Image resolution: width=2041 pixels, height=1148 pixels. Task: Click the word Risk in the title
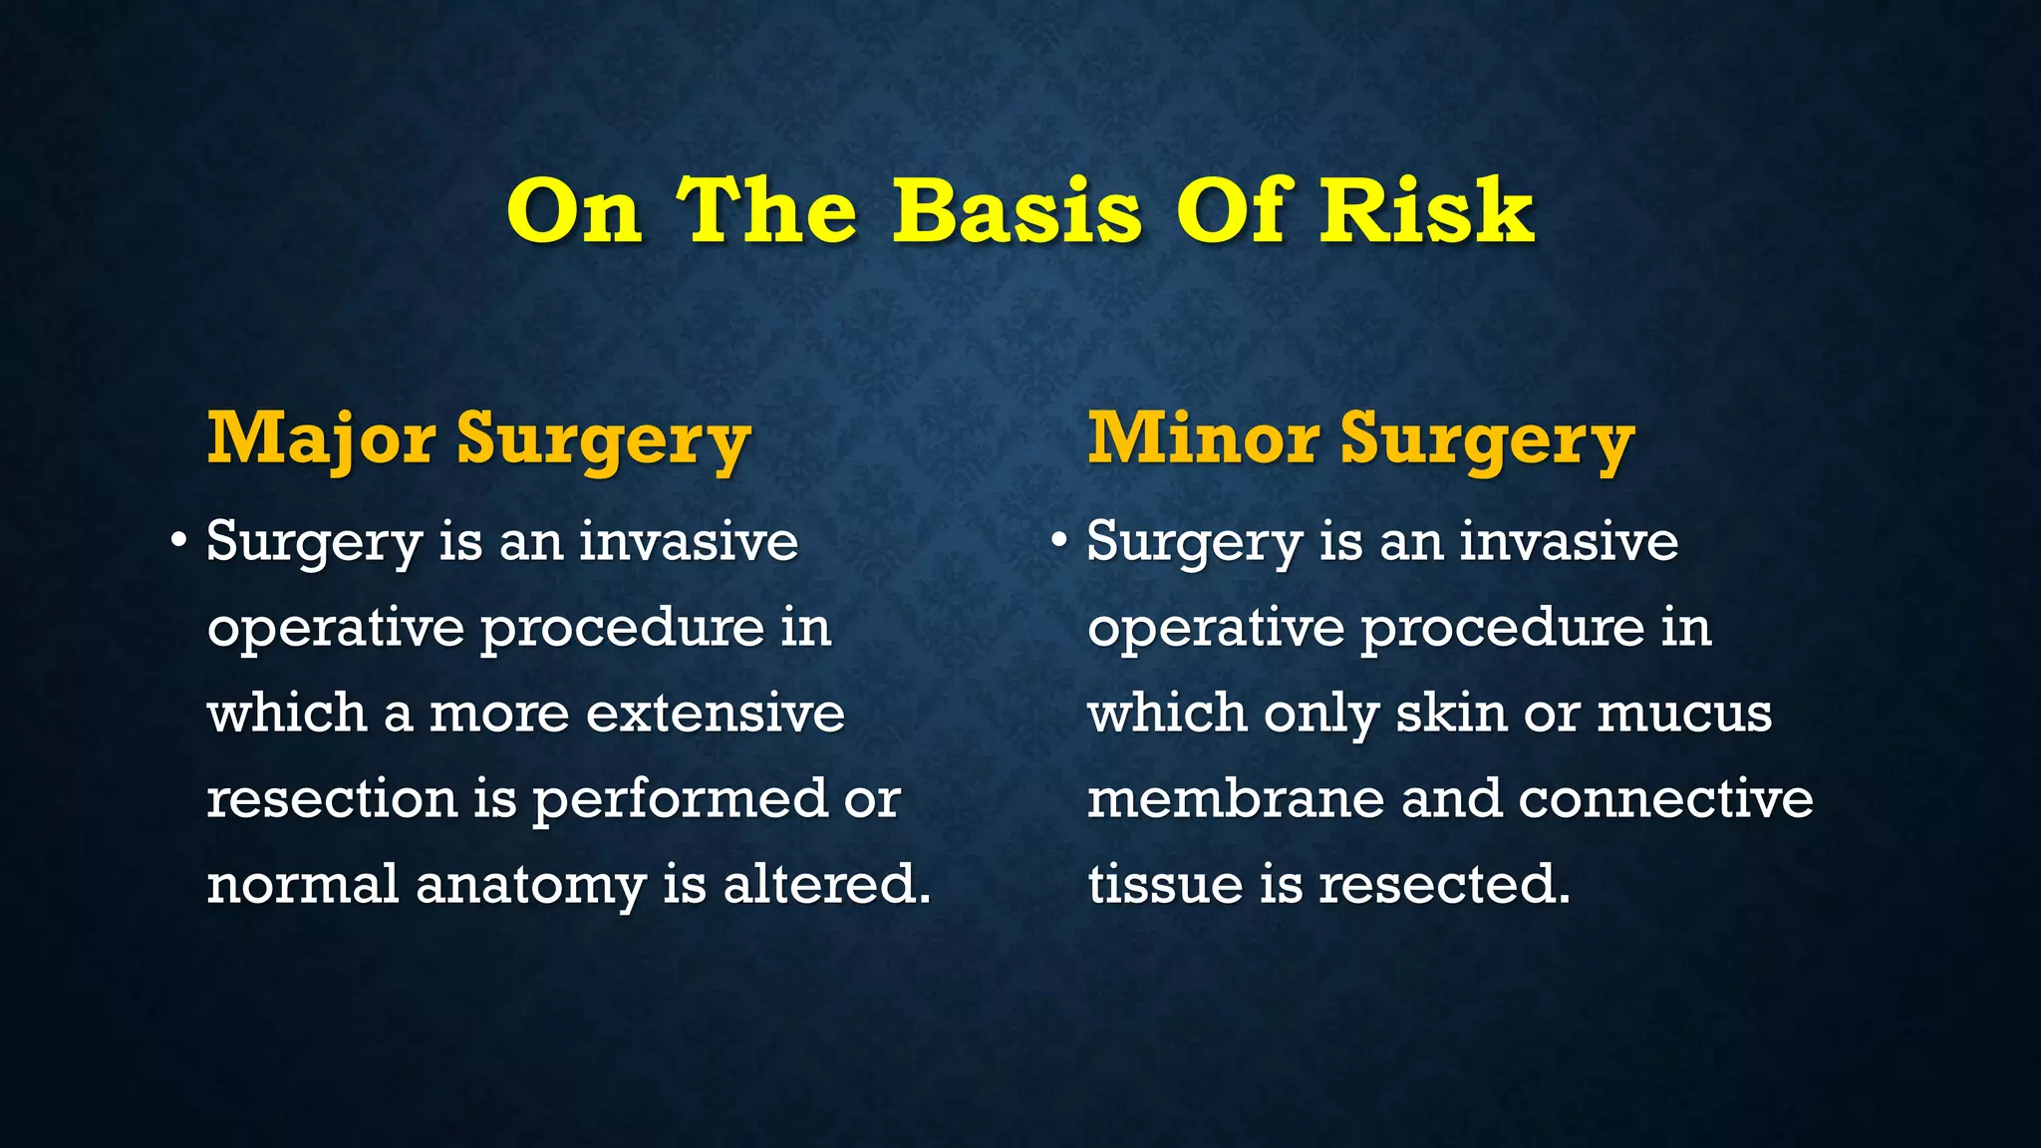point(1426,211)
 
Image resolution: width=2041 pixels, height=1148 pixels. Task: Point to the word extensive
point(715,714)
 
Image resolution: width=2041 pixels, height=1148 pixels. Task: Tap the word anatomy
point(530,885)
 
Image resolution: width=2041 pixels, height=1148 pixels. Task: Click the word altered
point(826,885)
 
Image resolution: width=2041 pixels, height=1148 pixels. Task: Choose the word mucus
point(1684,714)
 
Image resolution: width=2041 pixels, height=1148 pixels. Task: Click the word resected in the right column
point(1444,885)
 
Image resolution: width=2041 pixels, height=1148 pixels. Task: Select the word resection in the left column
point(331,799)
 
